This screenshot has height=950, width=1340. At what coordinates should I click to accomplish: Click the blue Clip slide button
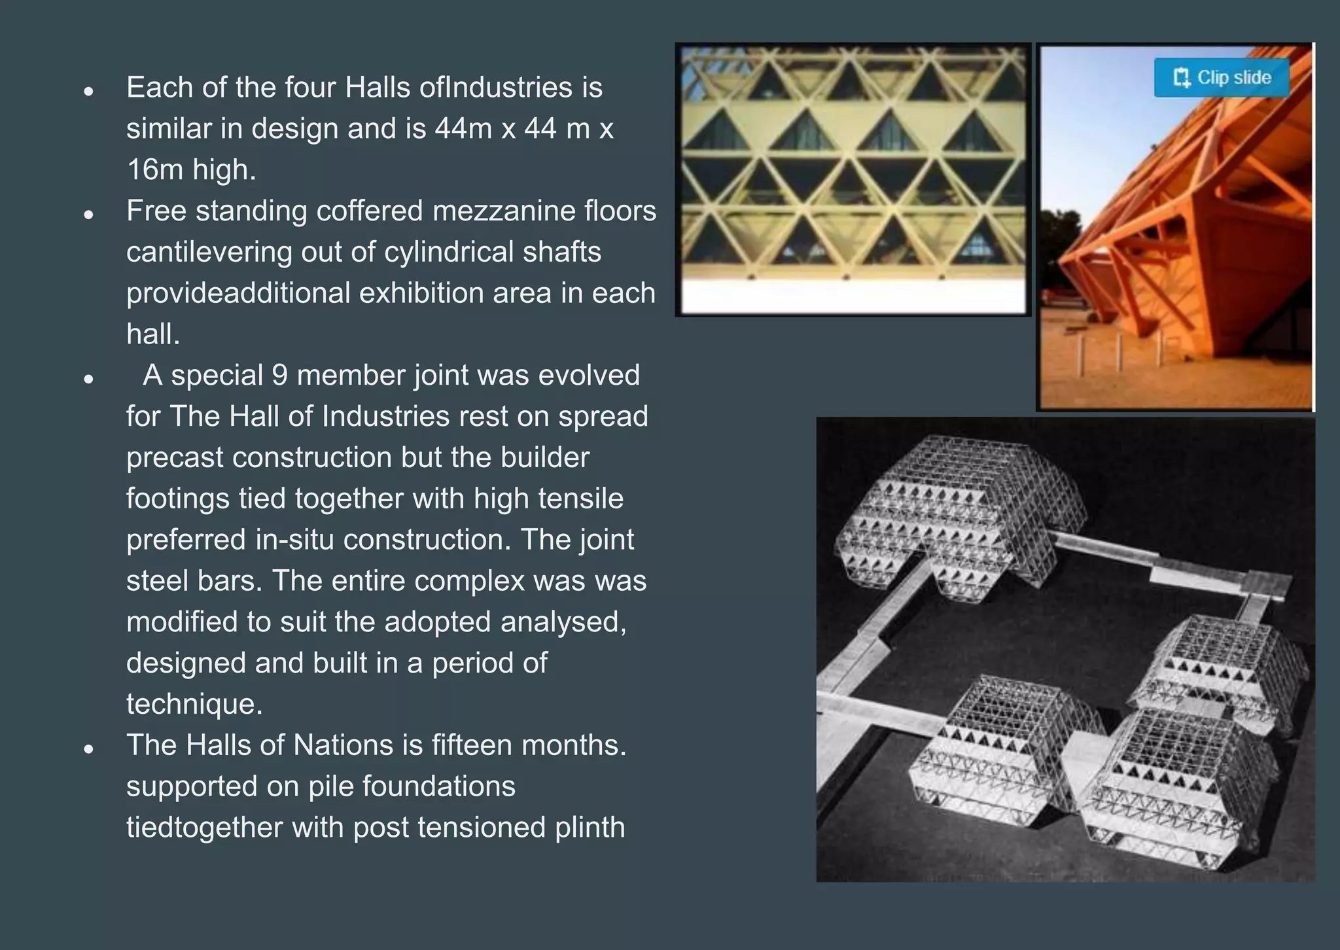pos(1222,78)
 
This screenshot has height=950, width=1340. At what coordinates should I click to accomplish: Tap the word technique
pos(194,705)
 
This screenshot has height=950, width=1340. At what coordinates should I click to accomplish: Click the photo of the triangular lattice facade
pos(853,178)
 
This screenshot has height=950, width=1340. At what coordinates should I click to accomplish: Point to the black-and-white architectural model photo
pos(1065,649)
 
